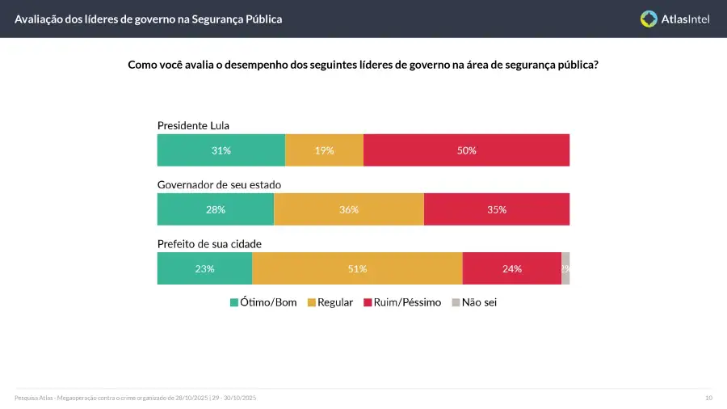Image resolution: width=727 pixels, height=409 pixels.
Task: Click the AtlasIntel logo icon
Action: point(649,19)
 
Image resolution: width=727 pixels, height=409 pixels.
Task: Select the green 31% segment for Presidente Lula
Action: point(221,150)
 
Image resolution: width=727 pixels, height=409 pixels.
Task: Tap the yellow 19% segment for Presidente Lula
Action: point(324,150)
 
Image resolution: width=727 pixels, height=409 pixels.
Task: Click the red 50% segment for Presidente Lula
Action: point(466,150)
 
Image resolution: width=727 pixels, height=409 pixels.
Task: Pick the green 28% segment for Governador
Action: point(216,209)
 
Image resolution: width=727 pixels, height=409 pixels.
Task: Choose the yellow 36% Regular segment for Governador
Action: point(349,209)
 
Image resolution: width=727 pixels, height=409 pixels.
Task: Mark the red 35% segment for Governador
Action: point(496,209)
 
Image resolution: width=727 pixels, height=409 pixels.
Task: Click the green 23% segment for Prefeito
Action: point(204,268)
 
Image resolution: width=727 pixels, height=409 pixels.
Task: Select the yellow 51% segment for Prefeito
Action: point(357,268)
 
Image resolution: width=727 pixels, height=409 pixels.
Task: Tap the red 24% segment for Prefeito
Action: point(511,268)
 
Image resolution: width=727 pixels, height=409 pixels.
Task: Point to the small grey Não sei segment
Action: point(565,268)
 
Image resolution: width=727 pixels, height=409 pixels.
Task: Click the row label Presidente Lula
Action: point(194,125)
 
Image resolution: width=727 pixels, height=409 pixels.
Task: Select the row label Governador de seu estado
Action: point(219,184)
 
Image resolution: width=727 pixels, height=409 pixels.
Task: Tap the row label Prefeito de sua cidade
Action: point(209,243)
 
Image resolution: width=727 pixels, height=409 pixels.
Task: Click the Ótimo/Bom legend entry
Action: point(263,302)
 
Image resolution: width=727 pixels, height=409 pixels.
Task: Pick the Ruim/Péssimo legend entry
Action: point(403,302)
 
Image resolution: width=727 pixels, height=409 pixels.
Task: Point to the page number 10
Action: point(708,398)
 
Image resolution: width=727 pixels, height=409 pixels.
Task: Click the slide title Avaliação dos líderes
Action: point(149,19)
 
